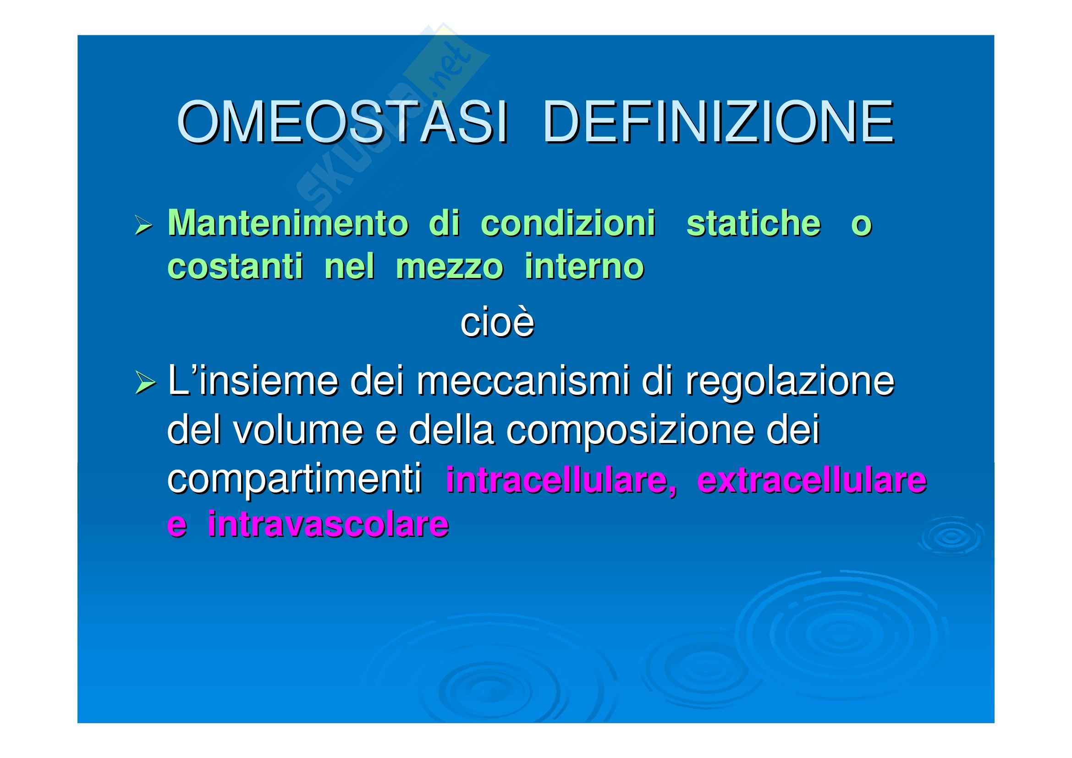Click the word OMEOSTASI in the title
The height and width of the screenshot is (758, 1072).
click(342, 122)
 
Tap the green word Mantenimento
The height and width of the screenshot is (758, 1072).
click(288, 223)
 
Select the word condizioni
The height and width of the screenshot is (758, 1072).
click(568, 223)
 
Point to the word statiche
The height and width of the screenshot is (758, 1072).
click(753, 223)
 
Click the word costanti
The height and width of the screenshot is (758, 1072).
click(235, 267)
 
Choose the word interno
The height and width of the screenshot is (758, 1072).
click(584, 267)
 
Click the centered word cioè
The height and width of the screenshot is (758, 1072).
click(497, 322)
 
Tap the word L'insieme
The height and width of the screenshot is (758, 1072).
click(253, 381)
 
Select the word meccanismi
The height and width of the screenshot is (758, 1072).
click(523, 381)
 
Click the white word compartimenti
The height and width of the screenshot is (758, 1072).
click(295, 480)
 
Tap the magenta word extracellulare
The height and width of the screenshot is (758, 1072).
click(812, 481)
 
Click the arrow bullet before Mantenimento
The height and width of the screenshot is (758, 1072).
click(143, 225)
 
